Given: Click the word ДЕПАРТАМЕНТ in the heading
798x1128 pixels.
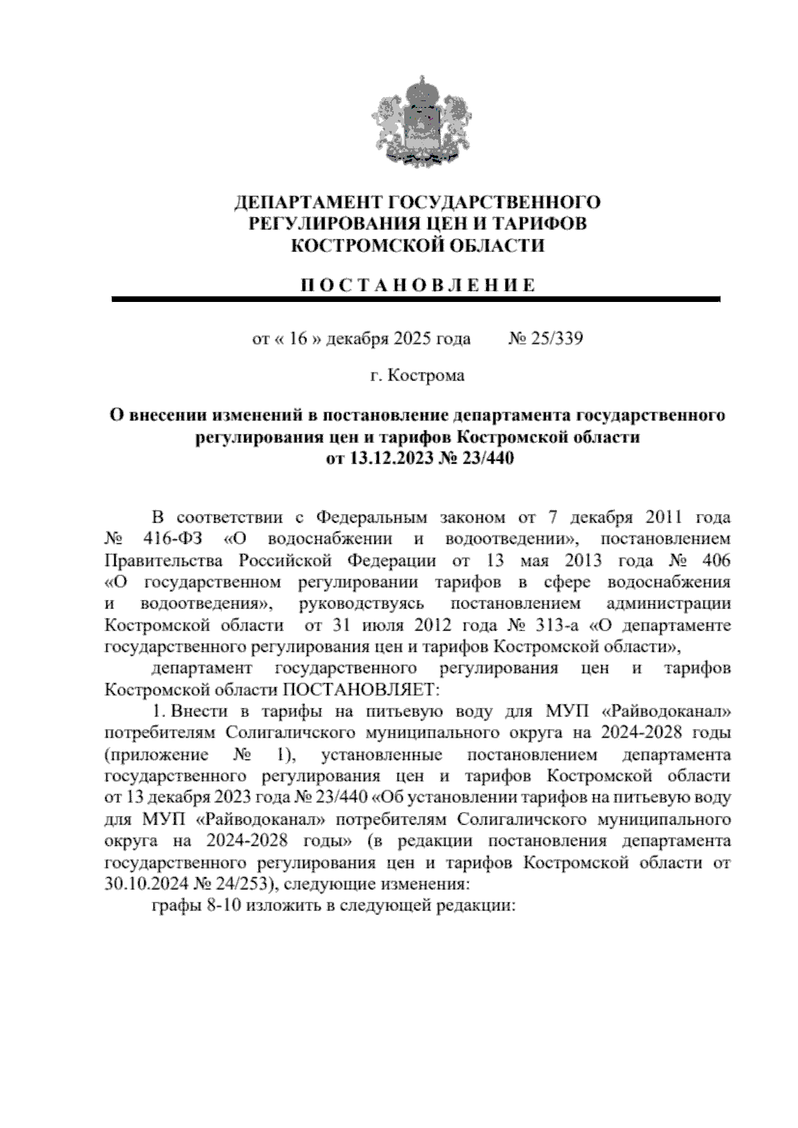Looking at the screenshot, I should point(309,202).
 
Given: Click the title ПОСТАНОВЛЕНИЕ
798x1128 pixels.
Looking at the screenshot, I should point(417,286).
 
